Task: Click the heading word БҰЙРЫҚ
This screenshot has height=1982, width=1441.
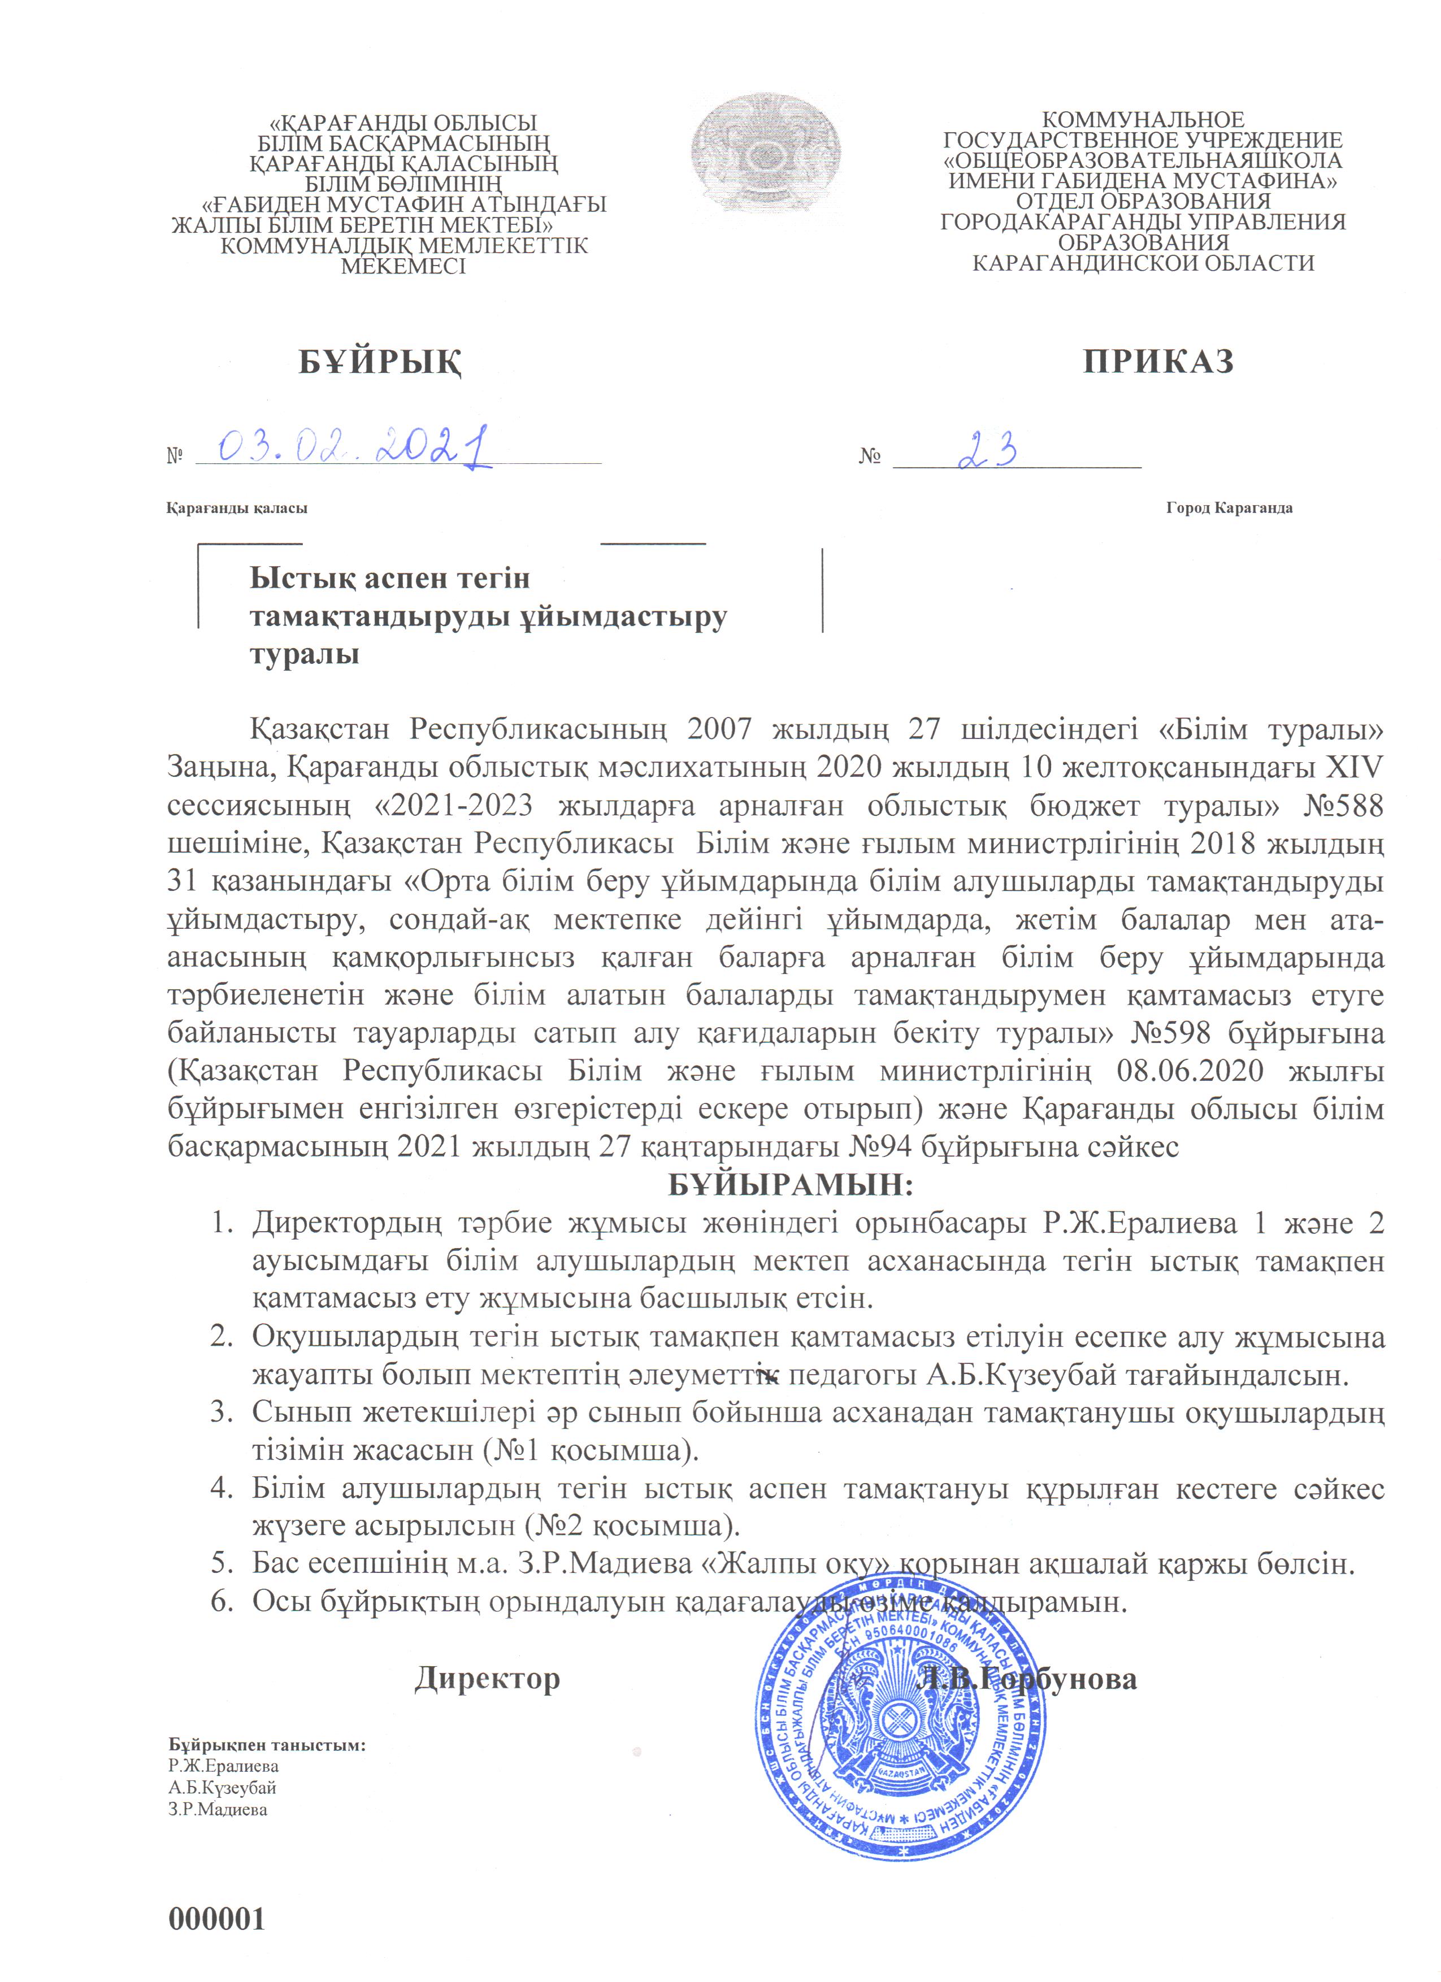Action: (381, 361)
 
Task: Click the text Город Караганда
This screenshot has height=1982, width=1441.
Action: (1229, 508)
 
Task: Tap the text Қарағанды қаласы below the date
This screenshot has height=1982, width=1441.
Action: (237, 508)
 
